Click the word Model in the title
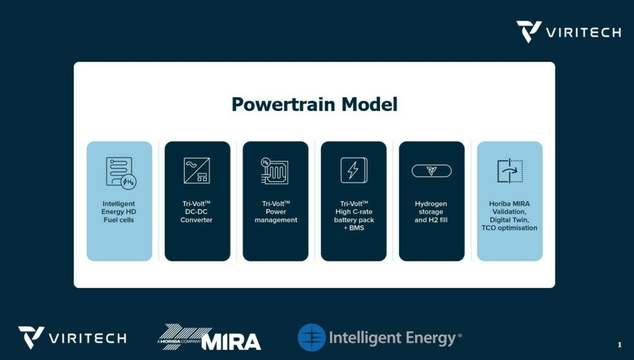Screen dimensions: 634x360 click(370, 104)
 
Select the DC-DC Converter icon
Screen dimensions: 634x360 click(197, 170)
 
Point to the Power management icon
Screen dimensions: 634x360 click(275, 171)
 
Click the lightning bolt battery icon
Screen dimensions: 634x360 click(354, 170)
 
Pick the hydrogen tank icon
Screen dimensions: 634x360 click(432, 170)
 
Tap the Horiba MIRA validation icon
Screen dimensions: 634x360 click(510, 170)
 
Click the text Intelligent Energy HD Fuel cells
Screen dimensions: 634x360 click(119, 212)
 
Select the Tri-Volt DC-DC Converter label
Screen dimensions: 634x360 click(196, 212)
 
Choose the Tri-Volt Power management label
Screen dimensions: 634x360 click(276, 212)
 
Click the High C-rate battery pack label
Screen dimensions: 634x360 click(354, 216)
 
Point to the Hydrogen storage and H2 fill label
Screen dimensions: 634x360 click(431, 212)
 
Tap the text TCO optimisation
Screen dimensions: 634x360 click(510, 228)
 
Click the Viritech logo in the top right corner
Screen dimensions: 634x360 click(569, 32)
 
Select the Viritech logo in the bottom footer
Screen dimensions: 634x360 click(72, 338)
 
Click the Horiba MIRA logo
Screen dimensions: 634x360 click(209, 337)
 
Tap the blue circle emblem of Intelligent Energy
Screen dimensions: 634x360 click(312, 337)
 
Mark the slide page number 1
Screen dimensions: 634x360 click(619, 345)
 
